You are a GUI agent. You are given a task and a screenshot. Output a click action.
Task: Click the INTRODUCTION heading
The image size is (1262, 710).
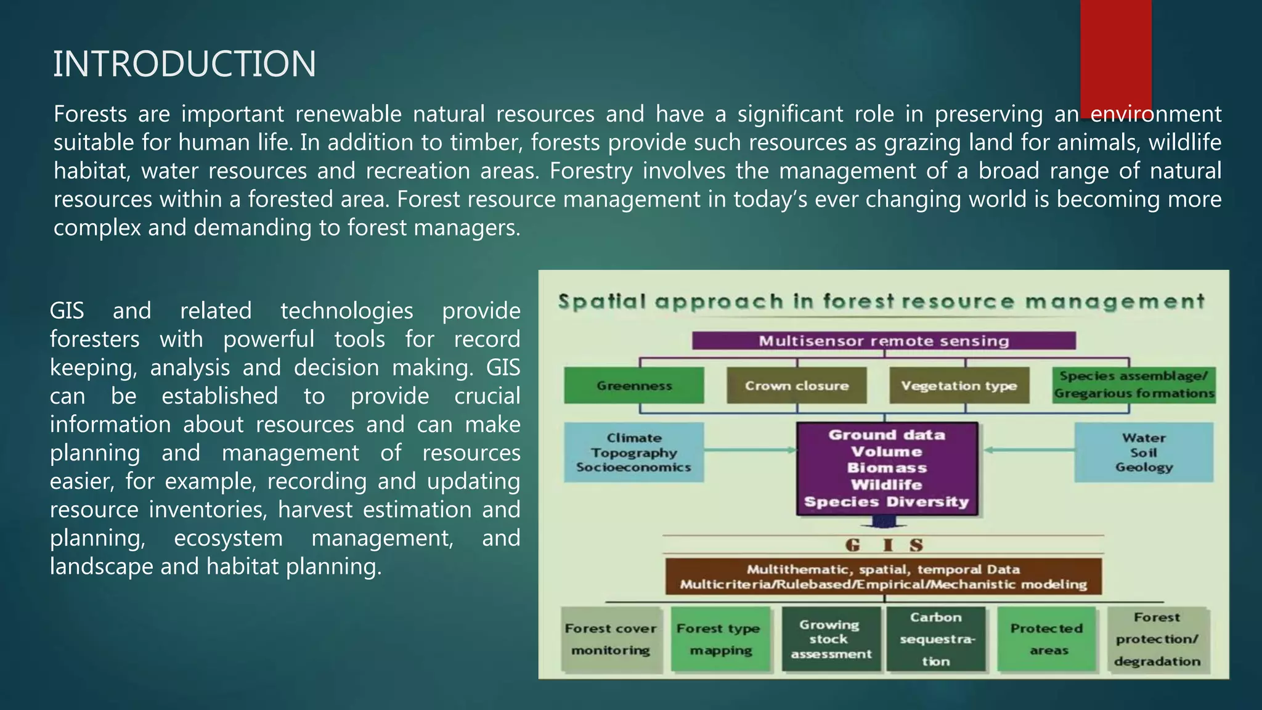coord(184,63)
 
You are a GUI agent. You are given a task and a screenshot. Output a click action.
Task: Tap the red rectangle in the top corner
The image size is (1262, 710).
coord(1115,55)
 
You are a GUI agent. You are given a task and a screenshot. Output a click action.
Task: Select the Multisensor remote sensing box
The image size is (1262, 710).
coord(884,341)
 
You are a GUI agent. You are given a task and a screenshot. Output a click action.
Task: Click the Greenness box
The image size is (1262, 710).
coord(634,386)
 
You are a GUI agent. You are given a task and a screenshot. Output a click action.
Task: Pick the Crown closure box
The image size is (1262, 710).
coord(796,386)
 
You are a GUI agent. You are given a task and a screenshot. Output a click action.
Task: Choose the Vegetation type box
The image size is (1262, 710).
coord(959,386)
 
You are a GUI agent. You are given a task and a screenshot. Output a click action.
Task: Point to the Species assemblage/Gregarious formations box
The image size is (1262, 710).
coord(1134,385)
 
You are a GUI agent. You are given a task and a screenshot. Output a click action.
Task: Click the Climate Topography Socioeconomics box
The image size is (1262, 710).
coord(633,452)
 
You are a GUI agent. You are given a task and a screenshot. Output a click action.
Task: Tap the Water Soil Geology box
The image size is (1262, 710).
coord(1144,452)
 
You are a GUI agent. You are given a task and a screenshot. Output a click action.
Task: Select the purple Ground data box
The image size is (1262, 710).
coord(887,468)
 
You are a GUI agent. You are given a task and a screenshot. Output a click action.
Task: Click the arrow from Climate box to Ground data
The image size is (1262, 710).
coord(750,450)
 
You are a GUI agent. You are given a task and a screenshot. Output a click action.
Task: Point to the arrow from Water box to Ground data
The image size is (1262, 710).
coord(1029,450)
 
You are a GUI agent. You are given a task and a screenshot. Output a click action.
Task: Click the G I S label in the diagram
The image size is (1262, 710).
coord(884,545)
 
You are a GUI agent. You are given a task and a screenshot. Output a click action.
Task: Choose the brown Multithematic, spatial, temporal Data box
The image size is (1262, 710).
coord(883,577)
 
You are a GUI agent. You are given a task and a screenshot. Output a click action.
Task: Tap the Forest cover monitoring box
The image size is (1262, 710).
coord(611,639)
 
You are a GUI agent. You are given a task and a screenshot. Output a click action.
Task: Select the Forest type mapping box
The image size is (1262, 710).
coord(720,639)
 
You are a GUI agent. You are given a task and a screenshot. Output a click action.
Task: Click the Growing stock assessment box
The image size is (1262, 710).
coord(831,639)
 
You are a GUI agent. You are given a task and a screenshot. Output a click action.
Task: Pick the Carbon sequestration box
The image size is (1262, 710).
coord(936,639)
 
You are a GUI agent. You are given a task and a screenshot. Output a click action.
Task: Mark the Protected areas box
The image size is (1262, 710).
coord(1047,639)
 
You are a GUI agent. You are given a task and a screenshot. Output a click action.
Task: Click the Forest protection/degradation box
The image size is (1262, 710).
coord(1157,639)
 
